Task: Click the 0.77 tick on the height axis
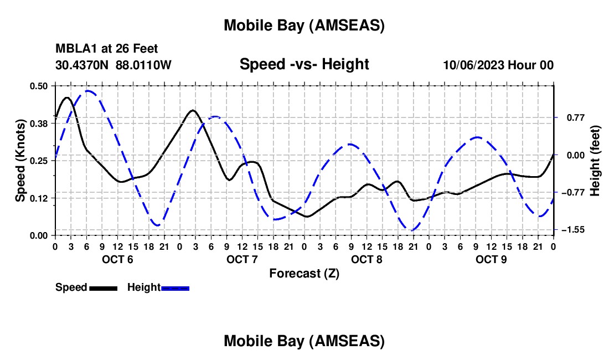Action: (574, 117)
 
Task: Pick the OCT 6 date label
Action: (117, 260)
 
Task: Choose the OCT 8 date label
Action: (367, 260)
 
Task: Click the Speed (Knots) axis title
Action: (20, 160)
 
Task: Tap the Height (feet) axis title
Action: (595, 160)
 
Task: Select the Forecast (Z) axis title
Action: (304, 273)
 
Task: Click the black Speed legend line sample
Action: (103, 288)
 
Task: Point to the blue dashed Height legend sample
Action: (175, 288)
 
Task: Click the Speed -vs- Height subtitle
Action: (304, 64)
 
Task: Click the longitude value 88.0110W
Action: (143, 65)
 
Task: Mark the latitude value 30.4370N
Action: (82, 65)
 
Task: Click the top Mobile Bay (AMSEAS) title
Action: (304, 25)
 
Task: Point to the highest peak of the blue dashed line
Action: (87, 91)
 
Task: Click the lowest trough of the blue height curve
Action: (412, 230)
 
